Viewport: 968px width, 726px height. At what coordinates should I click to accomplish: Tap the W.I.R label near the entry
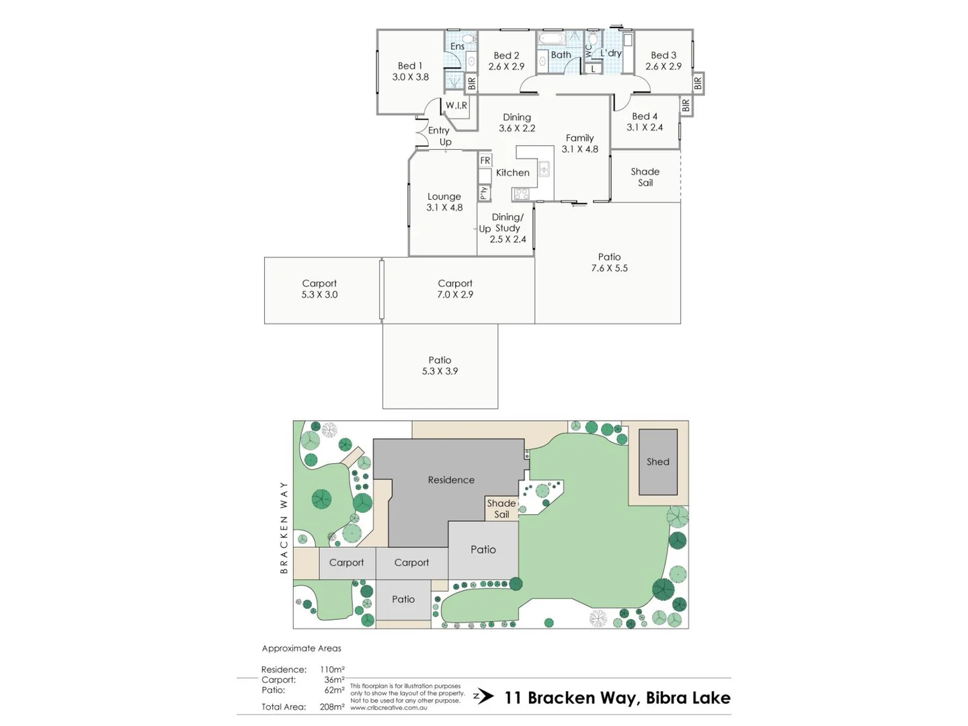tap(456, 106)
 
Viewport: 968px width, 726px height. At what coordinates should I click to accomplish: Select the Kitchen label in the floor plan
tap(512, 173)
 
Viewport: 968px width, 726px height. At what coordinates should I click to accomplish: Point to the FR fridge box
tap(485, 161)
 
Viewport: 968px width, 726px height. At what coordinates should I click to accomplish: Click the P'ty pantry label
tap(484, 193)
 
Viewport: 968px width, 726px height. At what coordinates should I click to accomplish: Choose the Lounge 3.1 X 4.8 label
tap(444, 202)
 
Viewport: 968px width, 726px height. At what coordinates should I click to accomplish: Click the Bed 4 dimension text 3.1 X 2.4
tap(645, 127)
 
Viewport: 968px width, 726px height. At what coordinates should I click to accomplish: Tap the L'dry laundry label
tap(611, 53)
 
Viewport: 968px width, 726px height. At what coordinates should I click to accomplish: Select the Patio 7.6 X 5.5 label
tap(609, 262)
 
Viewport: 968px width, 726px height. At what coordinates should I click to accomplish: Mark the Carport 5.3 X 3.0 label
tap(319, 289)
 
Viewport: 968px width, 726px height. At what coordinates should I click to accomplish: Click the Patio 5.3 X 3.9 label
tap(440, 366)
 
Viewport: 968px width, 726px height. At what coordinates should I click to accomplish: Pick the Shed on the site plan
tap(658, 462)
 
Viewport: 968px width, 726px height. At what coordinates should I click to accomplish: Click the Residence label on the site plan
tap(451, 480)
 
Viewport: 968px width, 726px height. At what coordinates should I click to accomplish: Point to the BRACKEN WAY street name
tap(284, 527)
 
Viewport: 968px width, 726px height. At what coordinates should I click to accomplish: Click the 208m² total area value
tap(332, 707)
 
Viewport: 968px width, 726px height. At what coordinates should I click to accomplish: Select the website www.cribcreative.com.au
tap(389, 708)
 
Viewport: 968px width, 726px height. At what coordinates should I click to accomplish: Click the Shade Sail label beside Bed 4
tap(645, 177)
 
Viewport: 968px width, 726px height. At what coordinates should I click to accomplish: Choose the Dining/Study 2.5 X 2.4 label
tap(508, 228)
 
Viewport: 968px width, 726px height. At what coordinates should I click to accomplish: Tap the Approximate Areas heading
tap(301, 648)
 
